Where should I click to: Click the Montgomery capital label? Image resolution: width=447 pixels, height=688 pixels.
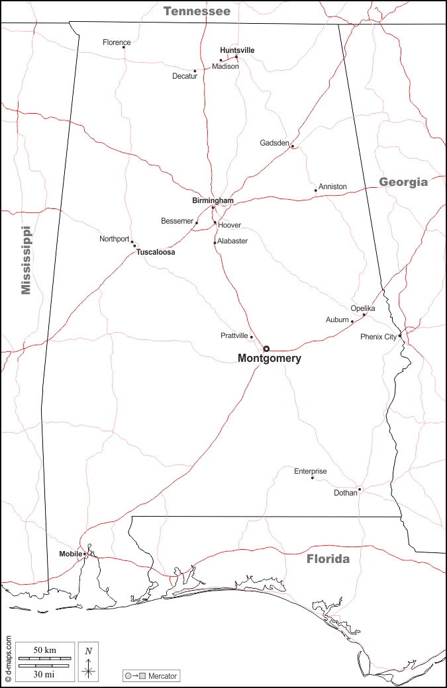pyautogui.click(x=269, y=359)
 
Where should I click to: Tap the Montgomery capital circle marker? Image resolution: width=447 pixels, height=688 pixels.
pyautogui.click(x=266, y=349)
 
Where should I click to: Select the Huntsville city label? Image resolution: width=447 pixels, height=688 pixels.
pyautogui.click(x=237, y=50)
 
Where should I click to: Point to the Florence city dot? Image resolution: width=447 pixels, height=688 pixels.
pyautogui.click(x=124, y=47)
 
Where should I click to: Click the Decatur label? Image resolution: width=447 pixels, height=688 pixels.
pyautogui.click(x=185, y=76)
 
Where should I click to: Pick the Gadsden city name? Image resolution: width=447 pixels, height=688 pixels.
pyautogui.click(x=274, y=143)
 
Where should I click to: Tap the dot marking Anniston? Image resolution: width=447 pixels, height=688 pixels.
pyautogui.click(x=316, y=191)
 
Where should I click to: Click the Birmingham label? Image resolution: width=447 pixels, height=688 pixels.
pyautogui.click(x=213, y=200)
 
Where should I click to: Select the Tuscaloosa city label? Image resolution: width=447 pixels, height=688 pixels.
pyautogui.click(x=156, y=252)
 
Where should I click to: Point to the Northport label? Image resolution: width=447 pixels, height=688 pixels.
pyautogui.click(x=114, y=239)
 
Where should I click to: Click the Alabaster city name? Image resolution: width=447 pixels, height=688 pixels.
pyautogui.click(x=232, y=241)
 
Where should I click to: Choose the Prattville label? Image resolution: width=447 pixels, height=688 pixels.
pyautogui.click(x=234, y=336)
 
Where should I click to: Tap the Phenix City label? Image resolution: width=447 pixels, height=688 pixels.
pyautogui.click(x=378, y=337)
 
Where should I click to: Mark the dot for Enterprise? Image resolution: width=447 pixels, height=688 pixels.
pyautogui.click(x=313, y=478)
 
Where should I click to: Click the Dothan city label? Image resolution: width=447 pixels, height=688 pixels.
pyautogui.click(x=345, y=493)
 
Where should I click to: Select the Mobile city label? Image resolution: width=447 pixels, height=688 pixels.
pyautogui.click(x=70, y=554)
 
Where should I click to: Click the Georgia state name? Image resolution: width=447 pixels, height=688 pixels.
pyautogui.click(x=403, y=183)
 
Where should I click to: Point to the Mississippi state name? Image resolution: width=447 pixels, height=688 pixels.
pyautogui.click(x=26, y=260)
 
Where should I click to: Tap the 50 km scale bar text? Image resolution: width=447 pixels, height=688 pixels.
pyautogui.click(x=44, y=650)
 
